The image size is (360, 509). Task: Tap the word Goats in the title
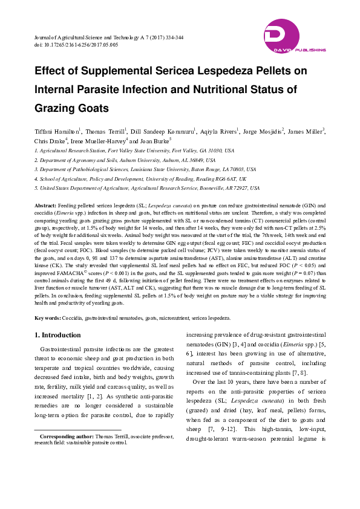93,109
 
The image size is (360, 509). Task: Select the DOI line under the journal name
76,45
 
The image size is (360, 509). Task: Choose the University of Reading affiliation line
140,179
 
